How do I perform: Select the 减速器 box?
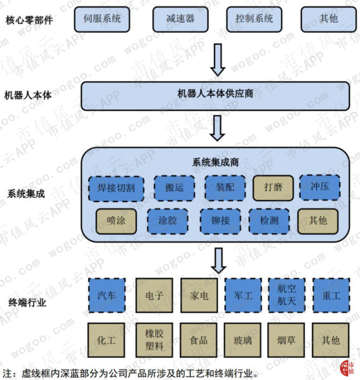pos(180,20)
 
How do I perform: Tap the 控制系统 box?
pos(254,20)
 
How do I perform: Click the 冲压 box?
pos(319,186)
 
